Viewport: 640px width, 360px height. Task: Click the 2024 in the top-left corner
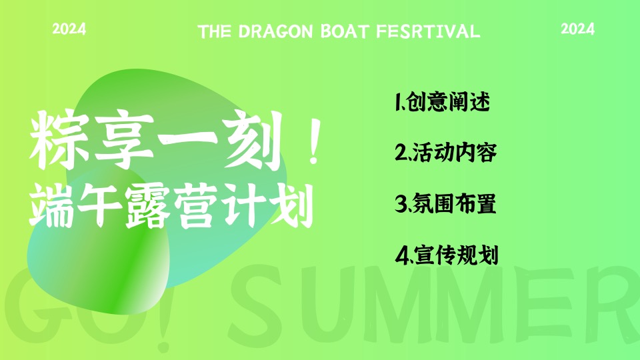point(69,29)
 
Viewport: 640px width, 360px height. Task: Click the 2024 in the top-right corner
point(578,29)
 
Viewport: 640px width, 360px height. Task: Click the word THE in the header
point(214,31)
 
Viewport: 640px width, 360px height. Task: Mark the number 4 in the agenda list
point(401,255)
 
